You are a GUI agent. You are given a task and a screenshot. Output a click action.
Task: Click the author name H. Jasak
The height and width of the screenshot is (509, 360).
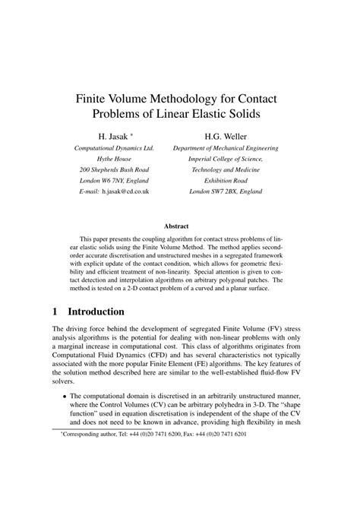pos(110,137)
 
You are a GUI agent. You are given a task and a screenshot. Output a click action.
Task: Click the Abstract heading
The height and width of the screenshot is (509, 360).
pos(180,226)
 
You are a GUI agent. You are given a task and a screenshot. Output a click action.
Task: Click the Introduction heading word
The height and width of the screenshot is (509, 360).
pos(107,311)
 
